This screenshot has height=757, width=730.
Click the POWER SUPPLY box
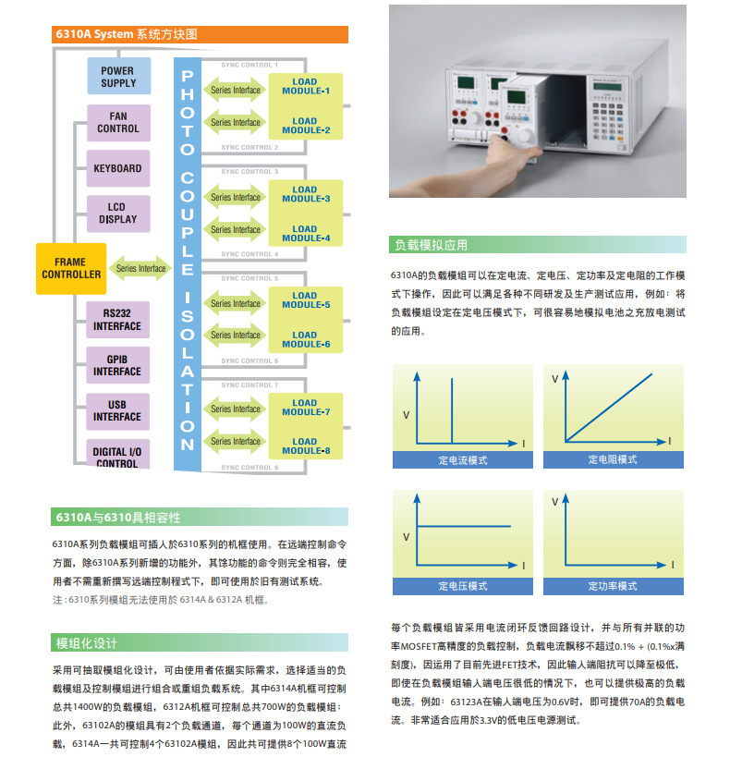pos(118,76)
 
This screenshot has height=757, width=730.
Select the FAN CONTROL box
pos(118,122)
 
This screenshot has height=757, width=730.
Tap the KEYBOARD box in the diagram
pos(118,168)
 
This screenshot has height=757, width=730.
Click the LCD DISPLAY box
pos(118,214)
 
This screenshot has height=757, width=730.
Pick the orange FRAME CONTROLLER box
pos(71,268)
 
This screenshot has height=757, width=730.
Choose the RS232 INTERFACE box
pos(117,320)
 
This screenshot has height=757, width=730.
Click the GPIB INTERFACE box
pos(117,365)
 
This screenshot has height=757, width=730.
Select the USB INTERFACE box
pos(117,410)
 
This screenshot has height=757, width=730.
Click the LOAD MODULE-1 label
pos(305,87)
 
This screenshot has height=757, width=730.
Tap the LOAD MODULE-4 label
pos(305,233)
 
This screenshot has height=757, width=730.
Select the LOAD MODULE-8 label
pos(305,446)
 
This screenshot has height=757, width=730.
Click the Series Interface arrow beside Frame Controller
pos(140,269)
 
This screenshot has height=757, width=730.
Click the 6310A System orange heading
pos(200,34)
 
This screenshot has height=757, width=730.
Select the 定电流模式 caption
pos(463,459)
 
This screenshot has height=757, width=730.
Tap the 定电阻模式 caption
pos(613,459)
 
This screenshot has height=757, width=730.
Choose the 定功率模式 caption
pos(613,586)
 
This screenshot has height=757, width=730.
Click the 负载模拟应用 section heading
pos(432,245)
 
